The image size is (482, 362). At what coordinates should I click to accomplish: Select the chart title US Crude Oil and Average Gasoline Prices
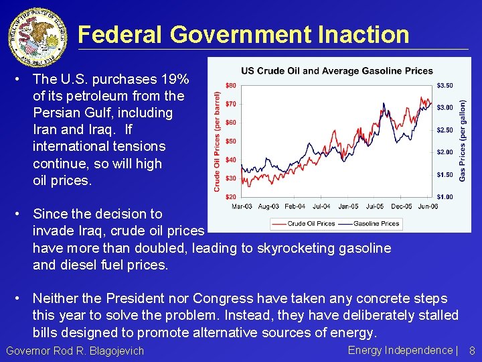click(x=337, y=71)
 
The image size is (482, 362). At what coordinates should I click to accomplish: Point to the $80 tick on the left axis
click(x=230, y=85)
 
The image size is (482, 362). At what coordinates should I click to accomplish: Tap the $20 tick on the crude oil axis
click(x=230, y=196)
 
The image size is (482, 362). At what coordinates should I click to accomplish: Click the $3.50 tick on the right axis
click(x=445, y=85)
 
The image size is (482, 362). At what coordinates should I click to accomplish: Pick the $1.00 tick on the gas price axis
click(x=445, y=196)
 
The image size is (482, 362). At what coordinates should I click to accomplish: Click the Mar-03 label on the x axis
click(x=242, y=206)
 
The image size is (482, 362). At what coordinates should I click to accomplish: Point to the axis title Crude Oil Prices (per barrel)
click(x=218, y=141)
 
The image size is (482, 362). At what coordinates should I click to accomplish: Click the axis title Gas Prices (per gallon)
click(x=463, y=141)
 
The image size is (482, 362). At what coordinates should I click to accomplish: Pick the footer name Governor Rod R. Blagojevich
click(x=75, y=351)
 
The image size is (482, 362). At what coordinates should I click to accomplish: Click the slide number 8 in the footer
click(x=471, y=351)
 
